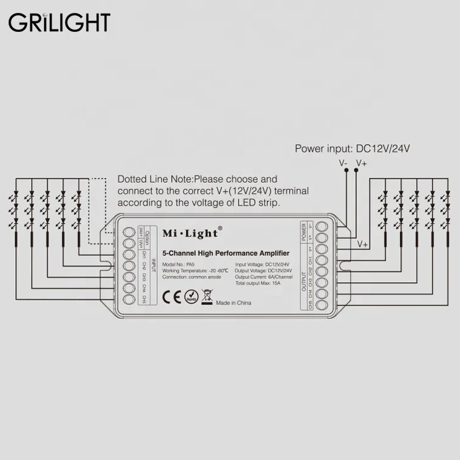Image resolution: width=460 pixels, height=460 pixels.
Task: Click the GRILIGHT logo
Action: pyautogui.click(x=59, y=22)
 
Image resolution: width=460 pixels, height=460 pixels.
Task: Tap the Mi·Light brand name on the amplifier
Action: pyautogui.click(x=192, y=234)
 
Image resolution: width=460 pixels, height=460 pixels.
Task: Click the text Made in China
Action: pyautogui.click(x=234, y=302)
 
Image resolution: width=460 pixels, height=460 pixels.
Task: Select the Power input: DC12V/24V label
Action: pyautogui.click(x=352, y=148)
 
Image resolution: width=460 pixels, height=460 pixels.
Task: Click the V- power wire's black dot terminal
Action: pyautogui.click(x=345, y=172)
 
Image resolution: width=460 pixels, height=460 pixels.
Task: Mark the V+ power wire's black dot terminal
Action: pyautogui.click(x=356, y=172)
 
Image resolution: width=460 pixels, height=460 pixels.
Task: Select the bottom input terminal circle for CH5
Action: pyautogui.click(x=129, y=300)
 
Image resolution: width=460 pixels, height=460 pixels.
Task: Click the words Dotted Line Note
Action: pyautogui.click(x=155, y=179)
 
